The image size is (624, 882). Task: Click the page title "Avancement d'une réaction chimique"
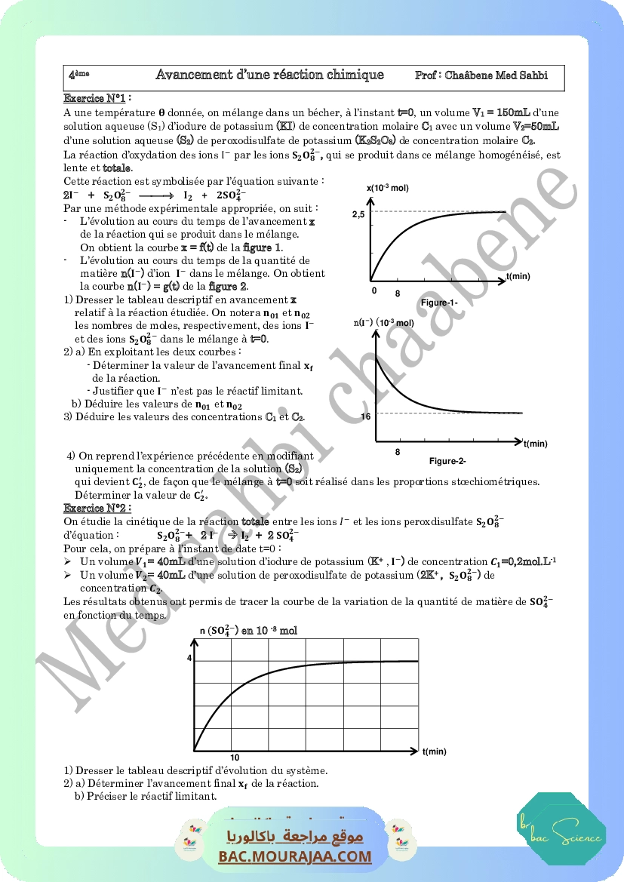point(269,75)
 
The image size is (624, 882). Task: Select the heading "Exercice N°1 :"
point(98,98)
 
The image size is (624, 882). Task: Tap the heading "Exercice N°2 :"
point(98,509)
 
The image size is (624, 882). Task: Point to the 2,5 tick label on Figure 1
point(358,215)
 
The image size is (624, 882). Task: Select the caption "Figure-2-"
point(447,461)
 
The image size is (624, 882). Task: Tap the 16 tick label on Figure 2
point(366,416)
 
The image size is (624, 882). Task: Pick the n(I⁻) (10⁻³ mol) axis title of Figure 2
point(384,323)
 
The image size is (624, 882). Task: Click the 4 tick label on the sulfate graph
point(189,659)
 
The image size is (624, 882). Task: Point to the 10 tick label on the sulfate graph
point(235,758)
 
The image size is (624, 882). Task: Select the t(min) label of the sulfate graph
point(435,751)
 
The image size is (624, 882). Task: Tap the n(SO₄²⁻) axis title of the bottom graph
point(248,631)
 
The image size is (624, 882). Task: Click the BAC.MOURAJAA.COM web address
point(296,857)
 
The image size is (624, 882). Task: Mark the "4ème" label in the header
point(78,75)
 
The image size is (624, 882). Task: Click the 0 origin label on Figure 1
point(373,290)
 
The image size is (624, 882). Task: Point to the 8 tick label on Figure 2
point(398,451)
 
